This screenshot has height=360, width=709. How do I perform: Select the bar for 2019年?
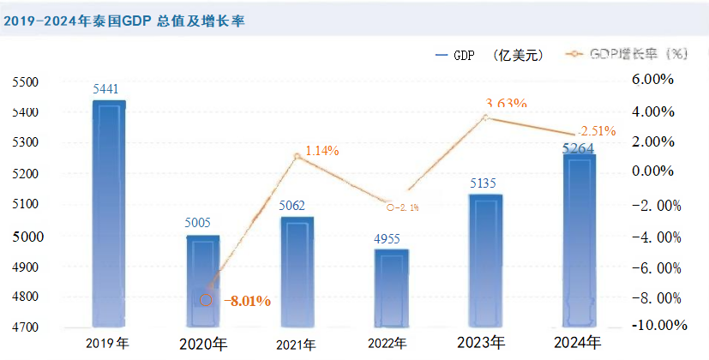[x=109, y=214]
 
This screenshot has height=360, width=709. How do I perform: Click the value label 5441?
[x=109, y=89]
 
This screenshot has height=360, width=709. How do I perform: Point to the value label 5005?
[x=203, y=223]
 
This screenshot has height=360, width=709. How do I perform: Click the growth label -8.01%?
[x=248, y=301]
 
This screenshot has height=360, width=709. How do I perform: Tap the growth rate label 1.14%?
[x=321, y=151]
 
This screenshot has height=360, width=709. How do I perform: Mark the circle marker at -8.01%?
[x=206, y=299]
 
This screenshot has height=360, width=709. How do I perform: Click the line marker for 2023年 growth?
[x=484, y=117]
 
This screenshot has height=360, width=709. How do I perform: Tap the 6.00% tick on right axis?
[x=656, y=80]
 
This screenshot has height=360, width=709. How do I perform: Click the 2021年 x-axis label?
[x=297, y=345]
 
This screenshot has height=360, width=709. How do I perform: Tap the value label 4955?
[x=391, y=238]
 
